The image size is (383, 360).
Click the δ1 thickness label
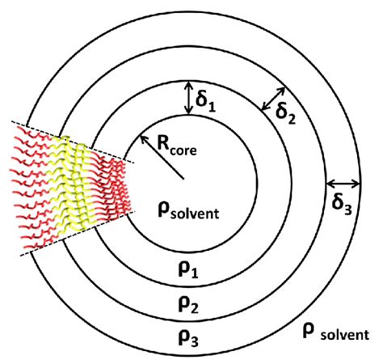(205, 103)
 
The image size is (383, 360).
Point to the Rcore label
(177, 146)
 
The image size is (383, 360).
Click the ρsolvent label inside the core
(188, 211)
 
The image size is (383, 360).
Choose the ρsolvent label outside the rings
(336, 332)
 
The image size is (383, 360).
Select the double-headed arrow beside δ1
(189, 98)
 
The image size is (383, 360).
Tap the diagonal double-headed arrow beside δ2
(273, 99)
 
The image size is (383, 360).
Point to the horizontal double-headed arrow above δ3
(343, 184)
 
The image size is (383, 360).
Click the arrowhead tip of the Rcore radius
(141, 136)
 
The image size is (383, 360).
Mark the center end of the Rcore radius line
(183, 179)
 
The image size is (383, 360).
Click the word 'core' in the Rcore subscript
(183, 150)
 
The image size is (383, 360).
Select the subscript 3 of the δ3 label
(347, 210)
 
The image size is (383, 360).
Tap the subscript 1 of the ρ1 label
(195, 273)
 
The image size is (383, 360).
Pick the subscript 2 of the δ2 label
(292, 119)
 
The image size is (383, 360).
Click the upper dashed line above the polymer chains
(73, 142)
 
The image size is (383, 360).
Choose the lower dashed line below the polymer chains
(78, 234)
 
